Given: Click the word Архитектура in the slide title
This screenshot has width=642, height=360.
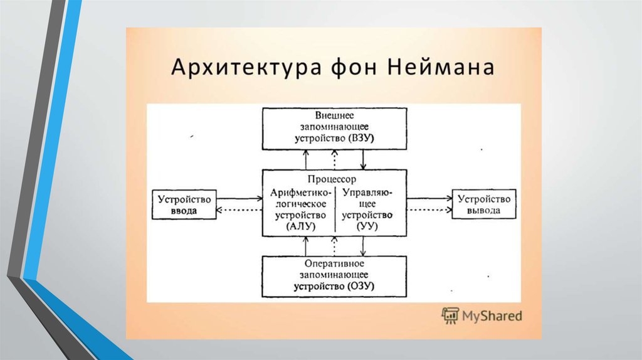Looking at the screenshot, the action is coord(246,67).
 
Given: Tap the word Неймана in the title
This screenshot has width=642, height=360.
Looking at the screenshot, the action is coord(441,66).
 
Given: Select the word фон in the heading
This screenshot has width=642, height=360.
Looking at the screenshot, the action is coord(354,67).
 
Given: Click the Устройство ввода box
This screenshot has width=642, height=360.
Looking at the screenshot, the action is coord(184,204).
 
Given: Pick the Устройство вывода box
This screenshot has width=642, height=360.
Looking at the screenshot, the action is coord(484,204).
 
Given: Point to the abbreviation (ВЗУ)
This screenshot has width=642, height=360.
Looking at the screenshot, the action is coord(361,138).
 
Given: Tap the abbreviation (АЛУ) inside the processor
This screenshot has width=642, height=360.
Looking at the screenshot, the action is coord(302,226).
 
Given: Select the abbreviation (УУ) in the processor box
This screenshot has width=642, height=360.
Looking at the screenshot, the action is coord(367,226).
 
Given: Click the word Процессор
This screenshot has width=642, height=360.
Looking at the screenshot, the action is coord(332,179).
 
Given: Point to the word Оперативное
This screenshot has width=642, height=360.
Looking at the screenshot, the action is coord(334,263).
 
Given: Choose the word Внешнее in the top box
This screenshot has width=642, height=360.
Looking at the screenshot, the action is coord(334,115).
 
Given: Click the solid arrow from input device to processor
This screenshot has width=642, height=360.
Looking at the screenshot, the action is coord(239,199).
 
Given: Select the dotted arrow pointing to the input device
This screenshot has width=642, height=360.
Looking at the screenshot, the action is coord(239,210).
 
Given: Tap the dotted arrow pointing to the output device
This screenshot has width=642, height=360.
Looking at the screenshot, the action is coord(429,210).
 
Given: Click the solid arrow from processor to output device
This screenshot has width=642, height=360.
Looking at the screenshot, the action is coord(429,199).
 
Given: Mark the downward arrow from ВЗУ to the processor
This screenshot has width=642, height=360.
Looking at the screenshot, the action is coord(363,160).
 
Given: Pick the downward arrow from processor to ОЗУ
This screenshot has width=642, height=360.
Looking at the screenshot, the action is coord(363,246).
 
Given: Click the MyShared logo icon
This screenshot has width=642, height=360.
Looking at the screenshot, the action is coord(450,315).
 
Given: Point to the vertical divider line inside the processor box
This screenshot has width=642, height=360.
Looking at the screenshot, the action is coord(335,209).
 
